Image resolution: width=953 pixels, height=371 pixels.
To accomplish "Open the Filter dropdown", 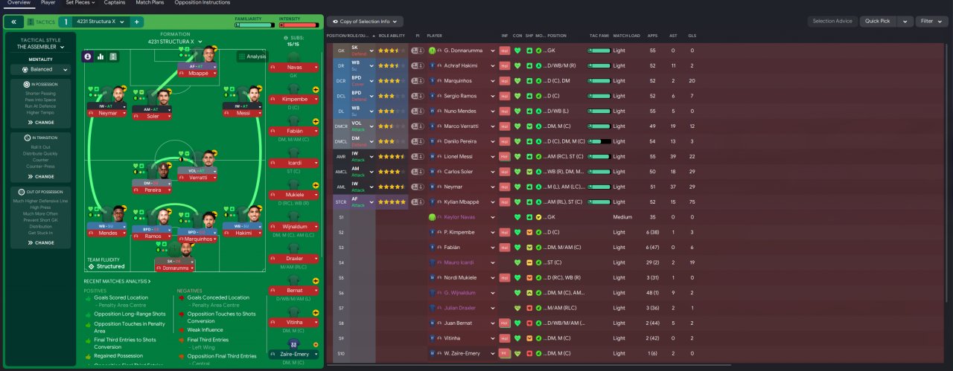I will point(931,22).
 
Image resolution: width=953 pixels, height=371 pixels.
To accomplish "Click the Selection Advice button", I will point(832,22).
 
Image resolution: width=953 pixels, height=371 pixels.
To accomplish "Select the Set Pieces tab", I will point(80,3).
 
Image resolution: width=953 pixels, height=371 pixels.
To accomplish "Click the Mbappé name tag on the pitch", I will point(197,74).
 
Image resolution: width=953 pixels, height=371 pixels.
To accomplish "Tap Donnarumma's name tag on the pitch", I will point(175,270).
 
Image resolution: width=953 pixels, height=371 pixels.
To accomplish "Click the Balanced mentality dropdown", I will point(41,69).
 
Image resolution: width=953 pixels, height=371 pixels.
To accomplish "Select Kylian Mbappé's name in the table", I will point(463,201).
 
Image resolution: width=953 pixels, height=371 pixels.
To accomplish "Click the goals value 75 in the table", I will point(692,201).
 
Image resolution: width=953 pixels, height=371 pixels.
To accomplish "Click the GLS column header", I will point(692,35).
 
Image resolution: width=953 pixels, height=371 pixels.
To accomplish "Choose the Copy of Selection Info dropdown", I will point(365,22).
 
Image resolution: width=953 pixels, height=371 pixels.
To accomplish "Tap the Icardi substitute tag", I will point(295,162).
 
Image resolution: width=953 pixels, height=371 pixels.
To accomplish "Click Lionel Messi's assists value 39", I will point(672,156).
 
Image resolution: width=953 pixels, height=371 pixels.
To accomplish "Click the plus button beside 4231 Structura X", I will point(137,22).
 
